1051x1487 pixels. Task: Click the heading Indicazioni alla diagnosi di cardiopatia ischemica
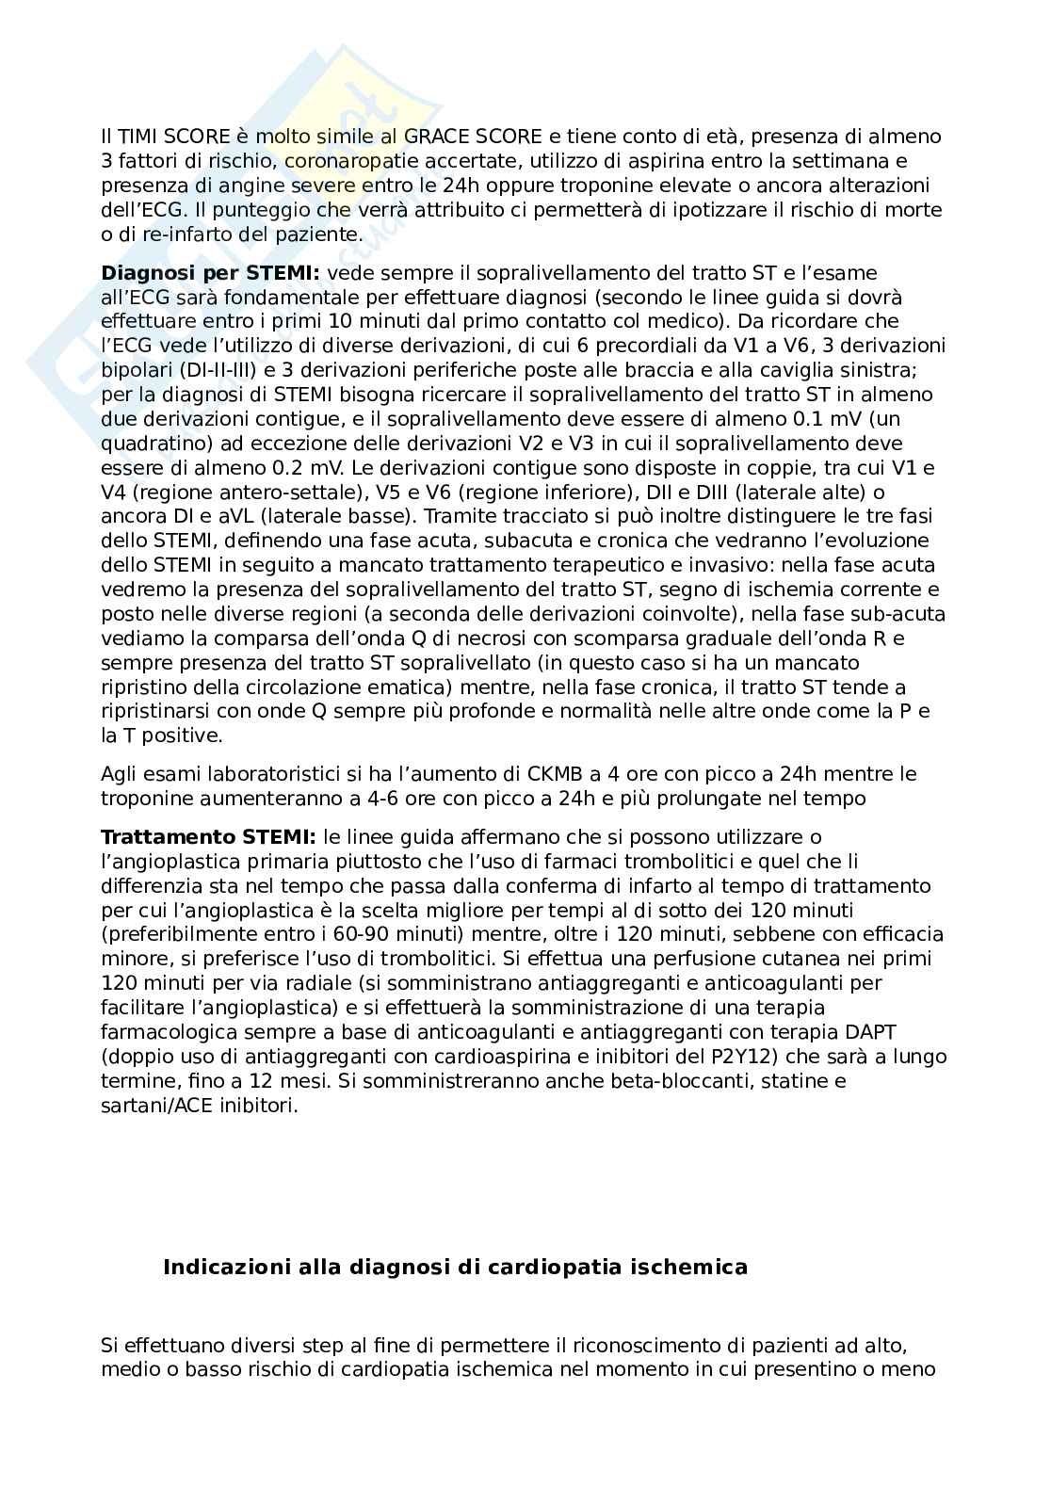point(455,1268)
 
